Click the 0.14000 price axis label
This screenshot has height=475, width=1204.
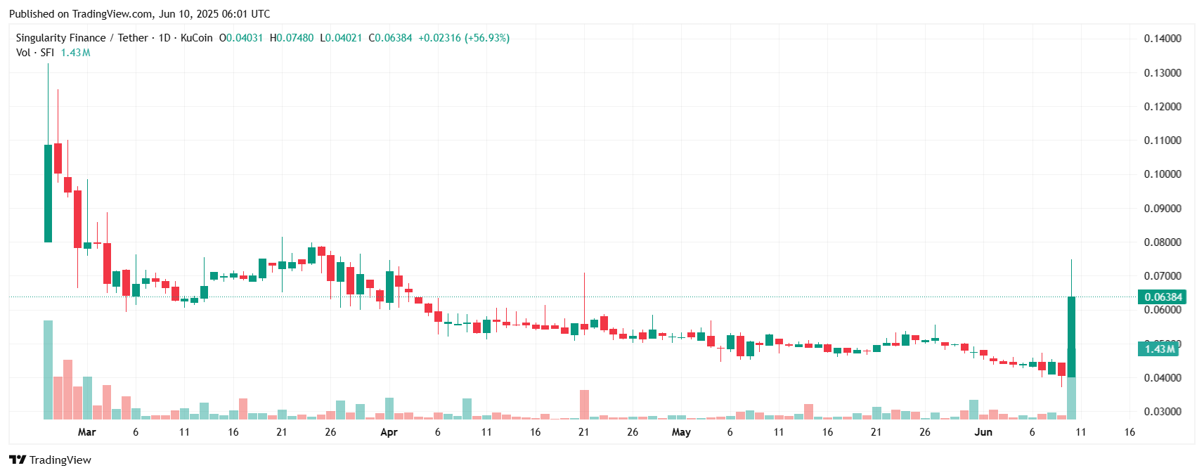tap(1163, 39)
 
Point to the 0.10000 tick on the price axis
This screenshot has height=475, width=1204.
tap(1163, 174)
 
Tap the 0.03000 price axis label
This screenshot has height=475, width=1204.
tap(1163, 412)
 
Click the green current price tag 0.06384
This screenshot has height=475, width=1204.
tap(1163, 297)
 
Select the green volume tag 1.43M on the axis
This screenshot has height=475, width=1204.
tap(1158, 349)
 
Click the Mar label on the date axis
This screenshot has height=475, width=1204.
tap(86, 432)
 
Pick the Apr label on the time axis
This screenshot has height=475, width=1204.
tap(389, 432)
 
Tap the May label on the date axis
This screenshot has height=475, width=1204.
tap(680, 432)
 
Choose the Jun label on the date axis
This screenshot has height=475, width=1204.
tap(983, 432)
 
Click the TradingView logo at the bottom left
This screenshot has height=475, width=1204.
tap(50, 460)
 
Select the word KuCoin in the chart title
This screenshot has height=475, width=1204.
tap(196, 38)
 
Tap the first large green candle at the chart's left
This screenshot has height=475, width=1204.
tap(48, 193)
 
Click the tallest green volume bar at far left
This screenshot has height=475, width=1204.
tap(48, 370)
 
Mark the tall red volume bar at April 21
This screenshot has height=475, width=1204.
tap(584, 405)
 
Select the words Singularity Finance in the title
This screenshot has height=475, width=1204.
tap(60, 38)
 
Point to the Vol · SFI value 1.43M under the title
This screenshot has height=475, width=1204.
tap(75, 53)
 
